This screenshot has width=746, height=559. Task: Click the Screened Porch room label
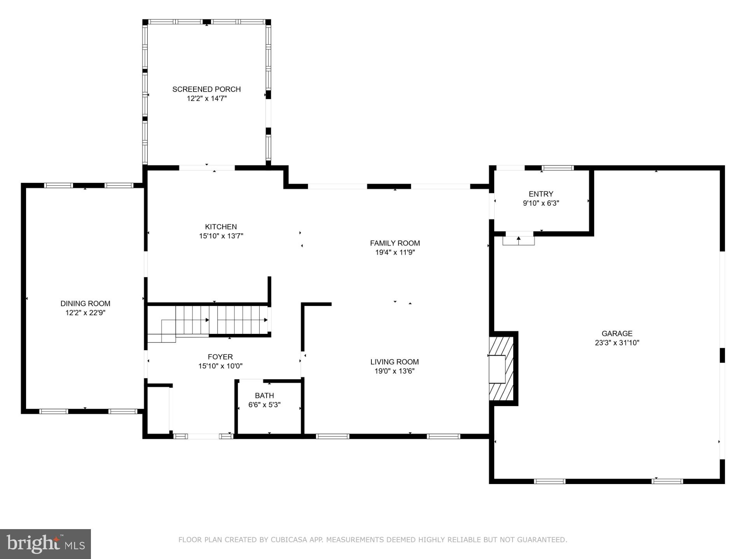206,89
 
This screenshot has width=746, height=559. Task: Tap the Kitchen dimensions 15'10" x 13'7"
221,236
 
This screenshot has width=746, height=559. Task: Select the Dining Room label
85,304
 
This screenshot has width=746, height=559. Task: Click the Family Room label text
395,243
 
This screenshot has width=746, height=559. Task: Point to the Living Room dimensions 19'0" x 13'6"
394,371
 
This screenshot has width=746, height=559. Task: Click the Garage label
617,333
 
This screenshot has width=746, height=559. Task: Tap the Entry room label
541,194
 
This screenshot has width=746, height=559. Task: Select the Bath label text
264,396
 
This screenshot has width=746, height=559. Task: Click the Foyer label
220,357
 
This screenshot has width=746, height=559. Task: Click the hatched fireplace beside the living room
501,369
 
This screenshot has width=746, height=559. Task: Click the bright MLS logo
45,544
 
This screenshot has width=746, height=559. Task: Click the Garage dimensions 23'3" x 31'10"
617,343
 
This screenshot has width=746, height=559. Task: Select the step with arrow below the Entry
518,240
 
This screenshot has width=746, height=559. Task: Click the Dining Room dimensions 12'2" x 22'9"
85,313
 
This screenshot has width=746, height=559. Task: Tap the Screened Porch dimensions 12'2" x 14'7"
206,99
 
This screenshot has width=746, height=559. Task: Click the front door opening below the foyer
203,436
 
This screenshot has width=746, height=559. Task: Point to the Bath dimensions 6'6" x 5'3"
264,405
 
